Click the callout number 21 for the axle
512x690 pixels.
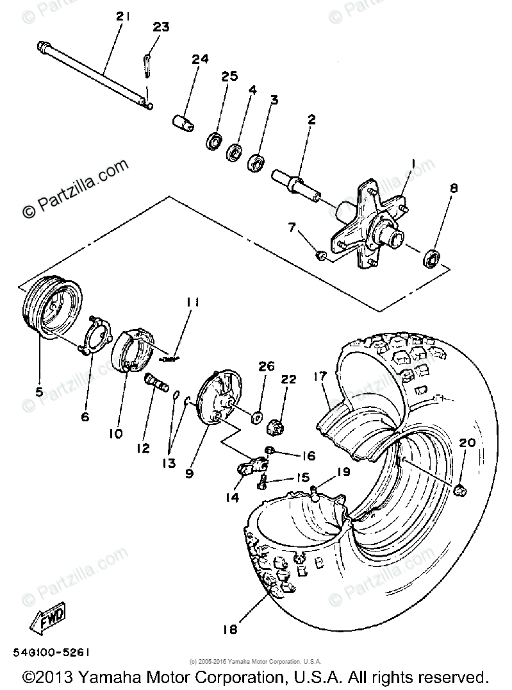coord(122,17)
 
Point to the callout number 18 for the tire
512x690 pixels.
coord(230,629)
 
